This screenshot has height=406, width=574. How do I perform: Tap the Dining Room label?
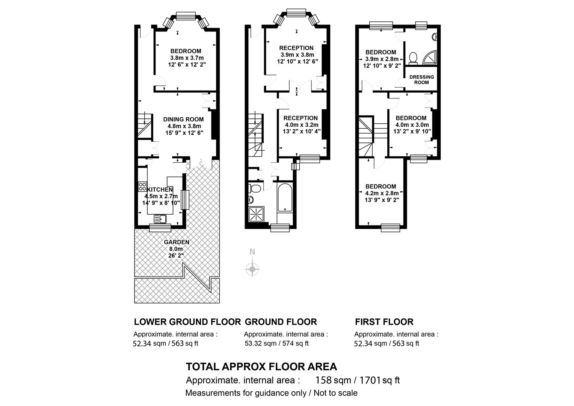tap(183, 119)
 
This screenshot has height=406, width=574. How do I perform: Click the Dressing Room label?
tap(421, 79)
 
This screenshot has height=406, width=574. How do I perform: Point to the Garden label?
tap(177, 242)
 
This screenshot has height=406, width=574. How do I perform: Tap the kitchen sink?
tap(160, 218)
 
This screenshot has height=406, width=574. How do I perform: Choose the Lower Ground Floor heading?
tap(187, 322)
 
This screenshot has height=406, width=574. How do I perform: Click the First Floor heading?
tap(384, 322)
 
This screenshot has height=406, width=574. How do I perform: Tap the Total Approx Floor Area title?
tap(261, 367)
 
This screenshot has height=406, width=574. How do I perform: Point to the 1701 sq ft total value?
tap(379, 380)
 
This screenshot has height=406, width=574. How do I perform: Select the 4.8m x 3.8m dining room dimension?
tap(183, 126)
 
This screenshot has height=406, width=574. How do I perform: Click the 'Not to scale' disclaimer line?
tap(271, 393)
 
